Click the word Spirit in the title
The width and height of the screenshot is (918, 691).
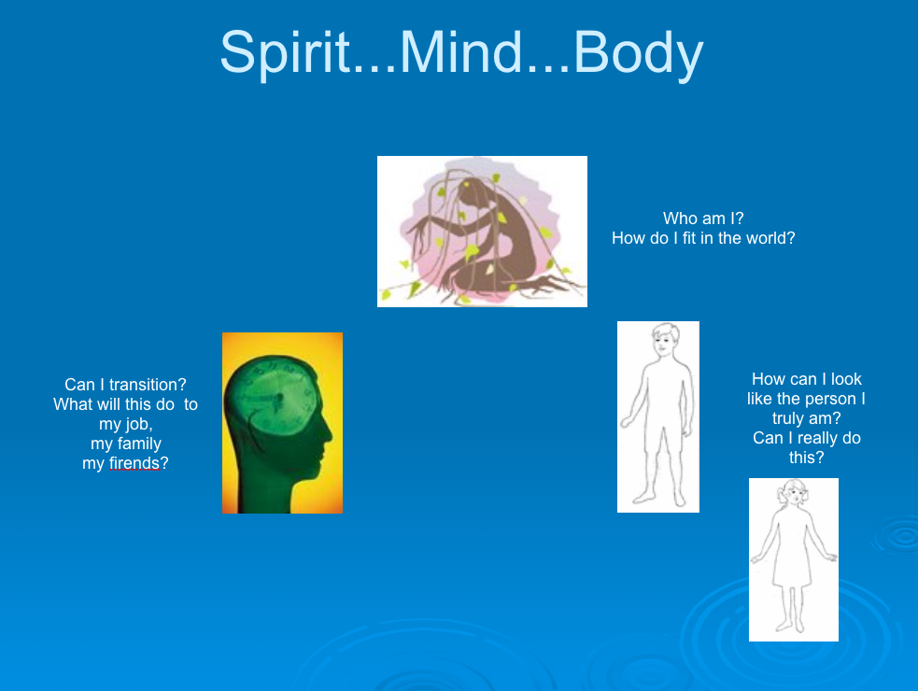pos(285,52)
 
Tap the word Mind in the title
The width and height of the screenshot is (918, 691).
pos(460,51)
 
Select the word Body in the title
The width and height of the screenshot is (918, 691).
pos(638,52)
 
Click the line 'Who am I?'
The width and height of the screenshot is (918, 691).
pos(703,219)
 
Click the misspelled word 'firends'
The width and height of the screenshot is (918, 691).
pos(134,463)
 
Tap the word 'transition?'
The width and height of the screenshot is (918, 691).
pos(148,385)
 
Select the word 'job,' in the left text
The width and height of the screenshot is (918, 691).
pos(138,425)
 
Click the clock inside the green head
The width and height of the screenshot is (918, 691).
pos(275,399)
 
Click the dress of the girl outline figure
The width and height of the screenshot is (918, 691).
pos(792,549)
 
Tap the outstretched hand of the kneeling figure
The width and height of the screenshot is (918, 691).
pos(417,231)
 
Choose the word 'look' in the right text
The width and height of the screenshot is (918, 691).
pos(846,379)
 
